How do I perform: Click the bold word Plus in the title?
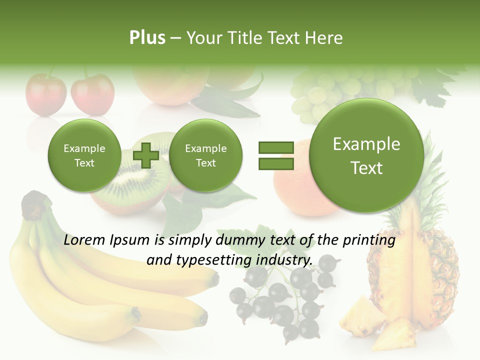[x=147, y=38]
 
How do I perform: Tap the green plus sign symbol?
[x=145, y=155]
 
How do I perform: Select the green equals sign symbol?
[x=276, y=155]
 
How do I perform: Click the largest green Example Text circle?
[x=366, y=155]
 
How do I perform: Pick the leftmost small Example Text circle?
[x=84, y=155]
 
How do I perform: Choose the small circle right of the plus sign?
[x=205, y=155]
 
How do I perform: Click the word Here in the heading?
[x=324, y=38]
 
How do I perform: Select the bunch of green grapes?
[x=320, y=95]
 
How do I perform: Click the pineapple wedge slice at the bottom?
[x=395, y=335]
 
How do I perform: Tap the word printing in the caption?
[x=370, y=240]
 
